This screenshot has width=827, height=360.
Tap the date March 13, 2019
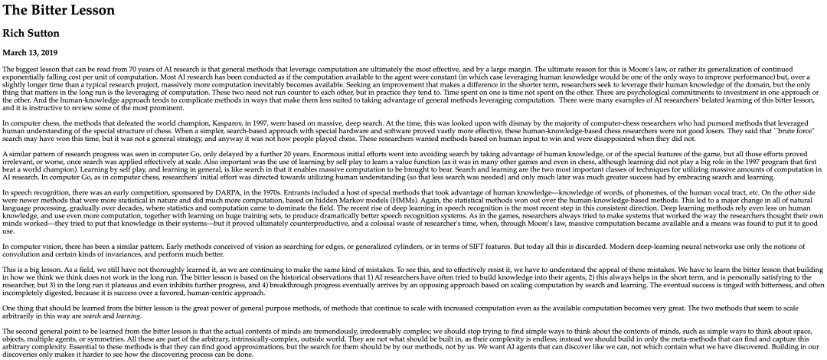pyautogui.click(x=30, y=53)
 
